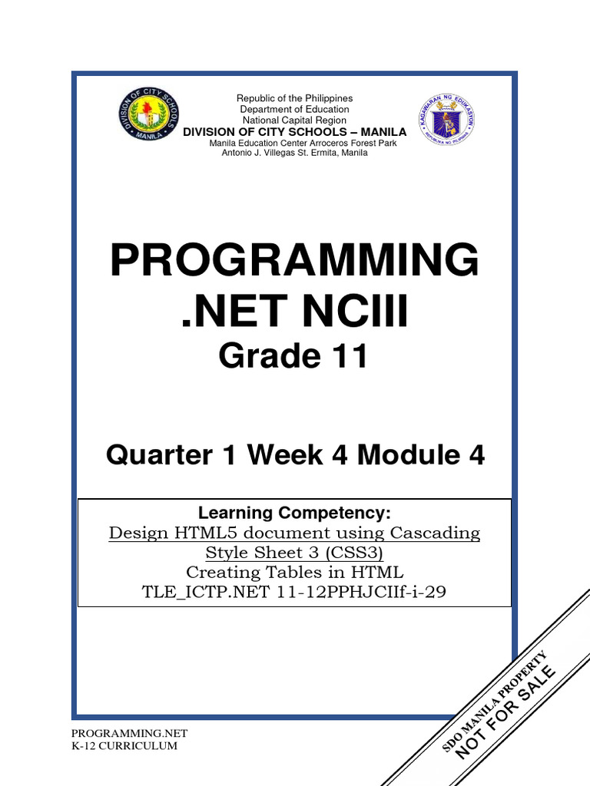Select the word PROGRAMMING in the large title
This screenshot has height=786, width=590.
tap(294, 261)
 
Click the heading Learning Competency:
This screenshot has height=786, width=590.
tap(295, 513)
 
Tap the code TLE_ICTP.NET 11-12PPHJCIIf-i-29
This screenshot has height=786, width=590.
tap(295, 593)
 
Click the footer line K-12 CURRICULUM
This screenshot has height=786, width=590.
tap(124, 746)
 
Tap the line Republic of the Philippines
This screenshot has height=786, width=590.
tap(294, 99)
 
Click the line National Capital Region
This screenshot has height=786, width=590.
tap(294, 121)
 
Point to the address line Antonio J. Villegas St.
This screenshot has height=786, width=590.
tap(294, 153)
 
